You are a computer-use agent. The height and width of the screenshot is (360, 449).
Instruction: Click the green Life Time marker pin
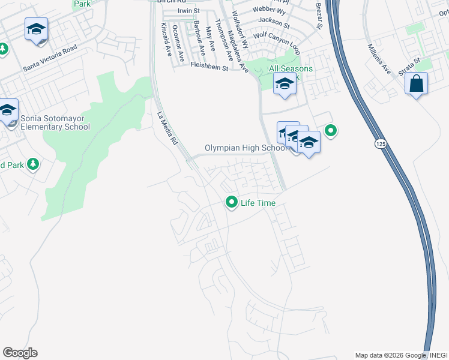click(232, 202)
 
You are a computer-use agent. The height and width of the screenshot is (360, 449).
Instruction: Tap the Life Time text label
click(258, 203)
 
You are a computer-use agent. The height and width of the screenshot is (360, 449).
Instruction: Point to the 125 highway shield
click(379, 144)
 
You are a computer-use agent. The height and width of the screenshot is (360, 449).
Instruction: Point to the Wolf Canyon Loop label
click(276, 35)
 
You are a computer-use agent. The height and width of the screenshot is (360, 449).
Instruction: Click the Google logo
click(20, 353)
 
